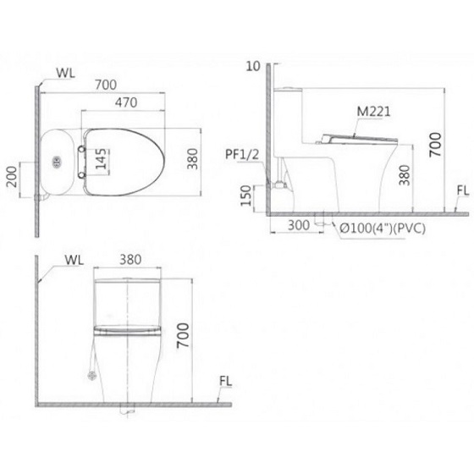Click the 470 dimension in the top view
(x=127, y=101)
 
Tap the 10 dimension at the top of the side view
(x=251, y=65)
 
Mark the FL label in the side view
(x=461, y=191)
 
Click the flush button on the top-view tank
(x=57, y=160)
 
